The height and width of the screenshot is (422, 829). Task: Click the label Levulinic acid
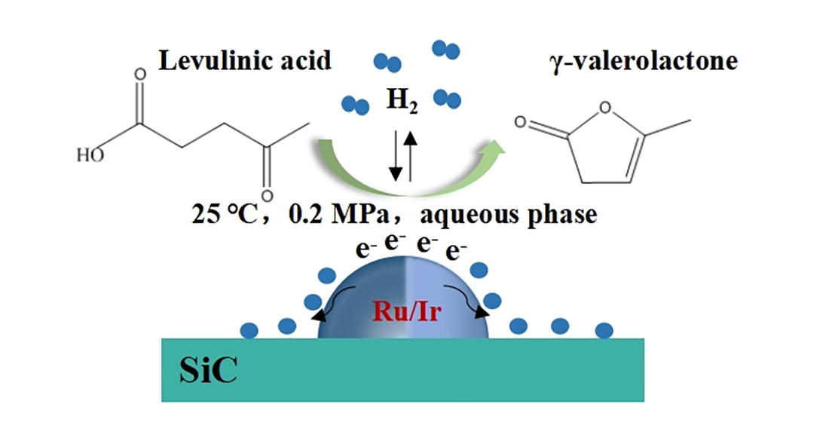pos(245,60)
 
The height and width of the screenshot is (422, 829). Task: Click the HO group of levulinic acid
pos(89,156)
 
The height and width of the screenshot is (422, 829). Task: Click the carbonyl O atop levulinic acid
pos(139,75)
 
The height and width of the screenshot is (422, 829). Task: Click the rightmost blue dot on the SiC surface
pos(604,329)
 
